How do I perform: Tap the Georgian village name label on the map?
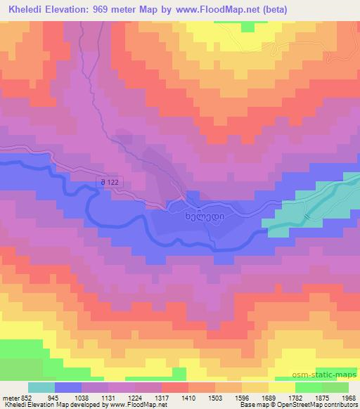(x=209, y=216)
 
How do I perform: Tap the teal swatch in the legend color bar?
(x=40, y=387)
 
